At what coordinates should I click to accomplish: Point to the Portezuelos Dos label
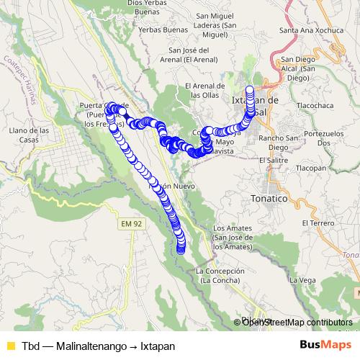pos(323,138)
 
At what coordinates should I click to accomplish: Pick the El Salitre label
pos(273,159)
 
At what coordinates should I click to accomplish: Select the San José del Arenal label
pos(189,55)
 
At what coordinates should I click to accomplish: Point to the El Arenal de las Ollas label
pos(206,91)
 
